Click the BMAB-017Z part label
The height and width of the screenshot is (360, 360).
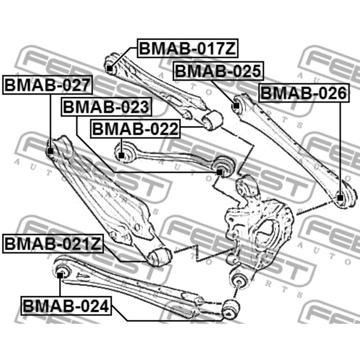188,48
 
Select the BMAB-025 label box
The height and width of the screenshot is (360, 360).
219,71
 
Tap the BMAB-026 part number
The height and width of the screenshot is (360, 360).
304,93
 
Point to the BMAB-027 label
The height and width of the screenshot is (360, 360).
47,85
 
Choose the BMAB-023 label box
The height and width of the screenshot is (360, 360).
106,107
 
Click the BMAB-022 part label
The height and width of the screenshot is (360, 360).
135,129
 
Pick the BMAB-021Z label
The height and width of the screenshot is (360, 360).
53,244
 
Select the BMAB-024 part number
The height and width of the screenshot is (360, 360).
66,306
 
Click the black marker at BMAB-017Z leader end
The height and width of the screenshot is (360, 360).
110,68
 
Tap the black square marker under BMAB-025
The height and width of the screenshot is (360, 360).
236,106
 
